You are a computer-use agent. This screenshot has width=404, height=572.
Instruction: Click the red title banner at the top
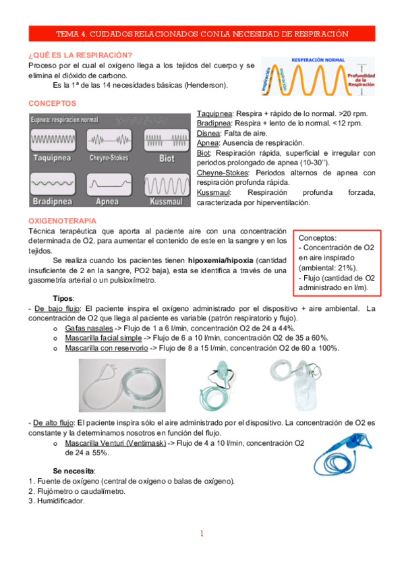tap(202, 34)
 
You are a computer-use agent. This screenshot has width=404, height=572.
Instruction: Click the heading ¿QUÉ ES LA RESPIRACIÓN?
tap(80, 55)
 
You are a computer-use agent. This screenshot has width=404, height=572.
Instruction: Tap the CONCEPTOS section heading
tap(52, 103)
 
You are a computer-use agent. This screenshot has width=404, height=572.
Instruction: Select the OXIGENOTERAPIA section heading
tap(62, 221)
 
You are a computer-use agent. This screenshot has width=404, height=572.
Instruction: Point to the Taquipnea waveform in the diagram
tap(53, 142)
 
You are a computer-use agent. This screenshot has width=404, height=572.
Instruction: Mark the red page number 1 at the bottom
tap(202, 534)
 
